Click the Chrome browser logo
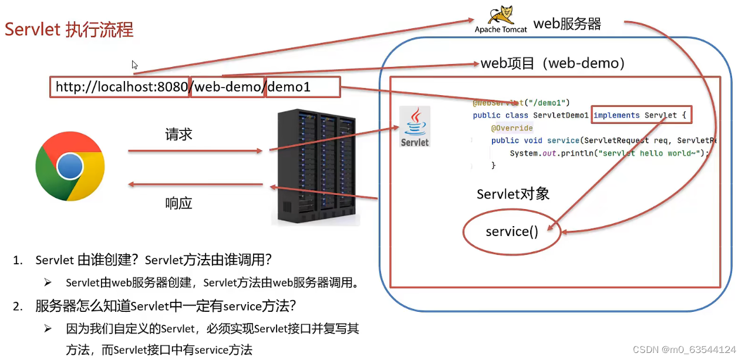point(70,166)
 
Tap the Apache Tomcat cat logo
point(501,15)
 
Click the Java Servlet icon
point(414,126)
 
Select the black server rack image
point(316,166)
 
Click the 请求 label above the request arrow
point(179,134)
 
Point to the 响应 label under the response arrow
point(179,203)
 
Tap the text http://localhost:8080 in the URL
point(122,87)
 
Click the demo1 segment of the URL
point(289,87)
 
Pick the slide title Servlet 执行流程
point(69,29)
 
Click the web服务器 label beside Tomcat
point(567,23)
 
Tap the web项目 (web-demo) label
point(552,63)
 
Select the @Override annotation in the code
point(512,128)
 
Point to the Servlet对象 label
point(513,194)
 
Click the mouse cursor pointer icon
point(134,65)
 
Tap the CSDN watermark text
point(684,349)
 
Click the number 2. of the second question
point(18,306)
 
